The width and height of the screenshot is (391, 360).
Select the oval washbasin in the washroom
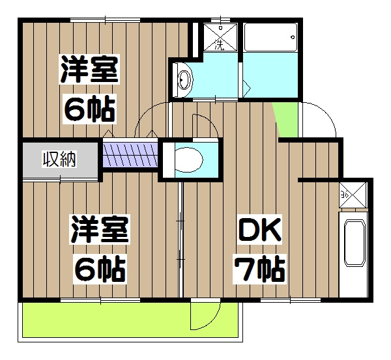(184, 81)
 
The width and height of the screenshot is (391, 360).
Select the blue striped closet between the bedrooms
(130, 155)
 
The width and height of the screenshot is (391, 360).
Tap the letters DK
(258, 230)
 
